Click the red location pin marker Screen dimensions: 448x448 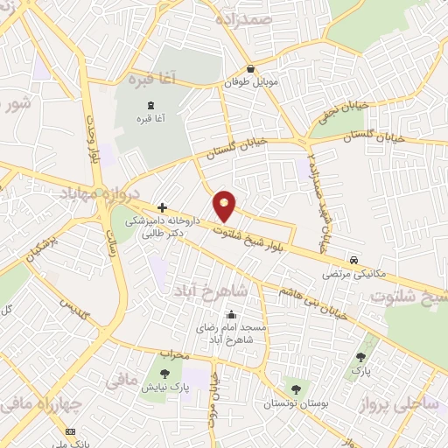(x=225, y=206)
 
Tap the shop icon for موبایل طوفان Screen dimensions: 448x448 (x=251, y=69)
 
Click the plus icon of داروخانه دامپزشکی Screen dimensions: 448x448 (x=162, y=206)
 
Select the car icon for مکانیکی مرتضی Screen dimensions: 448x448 (x=353, y=261)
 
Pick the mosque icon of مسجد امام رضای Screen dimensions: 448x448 (x=232, y=315)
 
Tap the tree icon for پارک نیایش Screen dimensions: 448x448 (x=164, y=374)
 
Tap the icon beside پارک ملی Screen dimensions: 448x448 (x=71, y=431)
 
